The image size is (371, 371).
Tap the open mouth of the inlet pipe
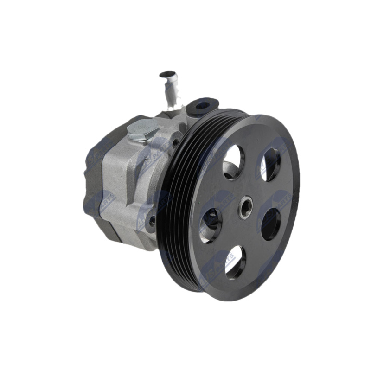click(x=167, y=74)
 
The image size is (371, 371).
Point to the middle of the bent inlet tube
click(x=170, y=90)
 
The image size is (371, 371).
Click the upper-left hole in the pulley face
click(x=233, y=162)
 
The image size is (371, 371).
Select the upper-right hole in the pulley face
click(x=271, y=165)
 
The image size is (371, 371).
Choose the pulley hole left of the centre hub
click(x=210, y=225)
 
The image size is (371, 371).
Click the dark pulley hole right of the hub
click(x=271, y=224)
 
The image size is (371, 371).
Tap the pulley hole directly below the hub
click(x=235, y=262)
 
